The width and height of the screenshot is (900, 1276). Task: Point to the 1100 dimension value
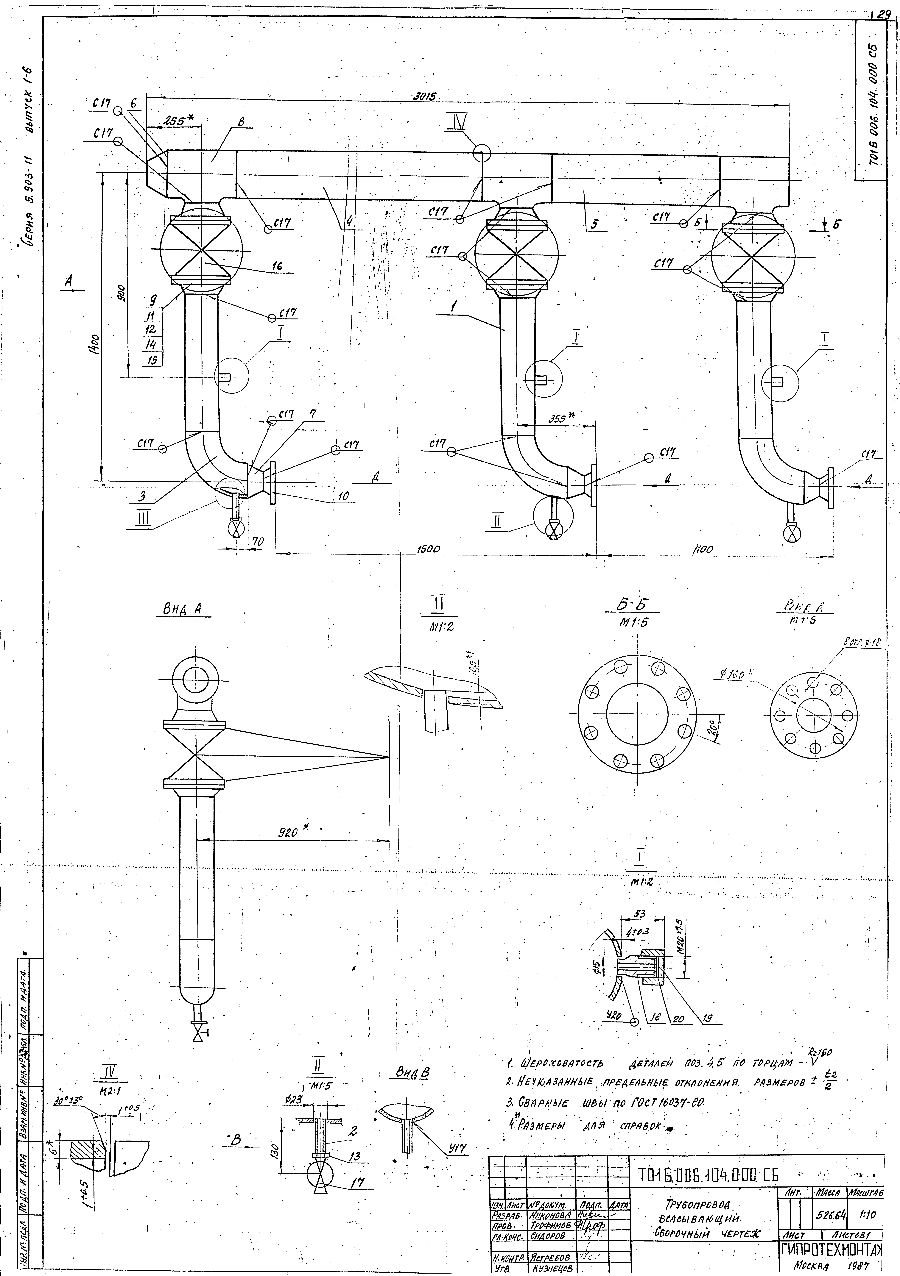point(703,549)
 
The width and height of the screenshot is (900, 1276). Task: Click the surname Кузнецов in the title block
point(549,1268)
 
